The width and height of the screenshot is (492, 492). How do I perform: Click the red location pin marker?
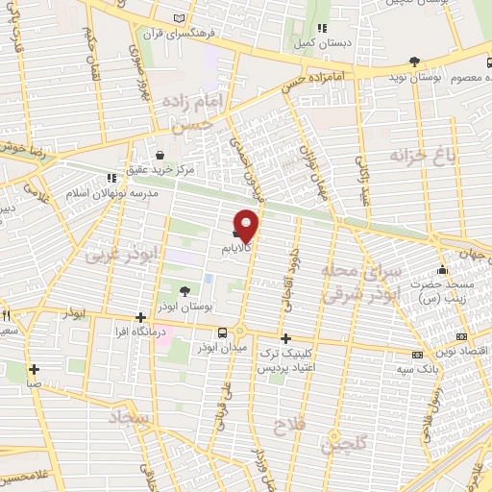coord(248,225)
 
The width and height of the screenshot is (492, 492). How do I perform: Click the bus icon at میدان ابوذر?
coord(223,332)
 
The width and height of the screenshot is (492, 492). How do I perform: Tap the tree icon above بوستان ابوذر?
coord(184,290)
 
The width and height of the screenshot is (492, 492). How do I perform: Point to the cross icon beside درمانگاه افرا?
coord(140,317)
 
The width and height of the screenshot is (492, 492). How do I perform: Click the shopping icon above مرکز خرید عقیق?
coord(160,155)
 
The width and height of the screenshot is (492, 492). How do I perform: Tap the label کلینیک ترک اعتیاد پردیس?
coord(286,360)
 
